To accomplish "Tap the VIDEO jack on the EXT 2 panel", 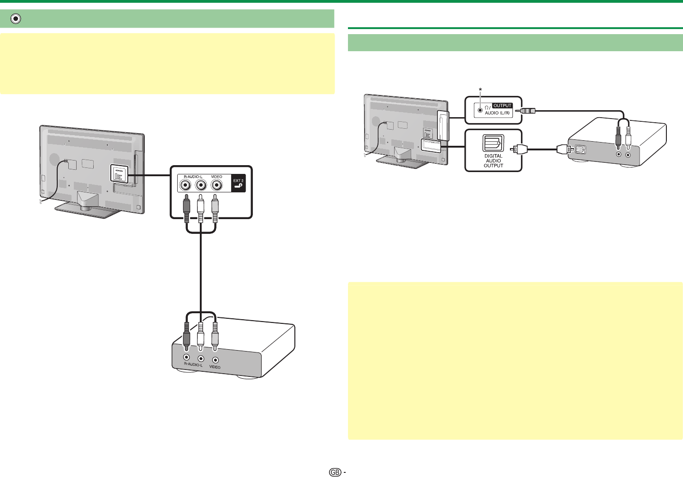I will pos(216,185).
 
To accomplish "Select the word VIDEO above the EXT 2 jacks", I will pos(216,177).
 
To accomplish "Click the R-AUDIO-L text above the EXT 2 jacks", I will pos(193,177).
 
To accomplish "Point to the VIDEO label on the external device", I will pos(215,367).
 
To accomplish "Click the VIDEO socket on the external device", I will pos(215,359).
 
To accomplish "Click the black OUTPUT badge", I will pos(503,106).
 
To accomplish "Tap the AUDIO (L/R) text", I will pos(498,113).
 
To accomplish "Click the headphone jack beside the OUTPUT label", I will pos(480,110).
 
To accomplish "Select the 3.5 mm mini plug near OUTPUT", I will pos(527,111).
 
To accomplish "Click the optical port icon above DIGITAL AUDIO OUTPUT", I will pos(493,143).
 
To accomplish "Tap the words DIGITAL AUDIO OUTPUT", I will pos(493,161).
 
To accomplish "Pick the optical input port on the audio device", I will pos(579,149).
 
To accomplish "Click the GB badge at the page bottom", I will pos(335,472).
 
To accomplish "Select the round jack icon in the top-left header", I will pos(16,19).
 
